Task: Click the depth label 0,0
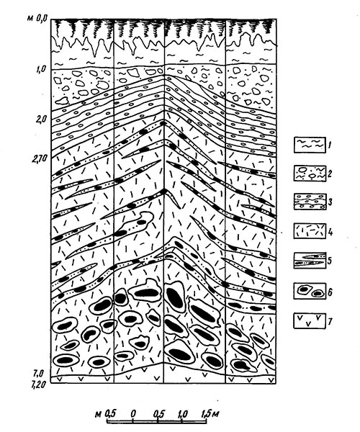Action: pyautogui.click(x=41, y=19)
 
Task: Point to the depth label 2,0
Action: pyautogui.click(x=41, y=119)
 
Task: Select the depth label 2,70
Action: pyautogui.click(x=40, y=158)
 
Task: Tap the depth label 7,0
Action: pyautogui.click(x=39, y=374)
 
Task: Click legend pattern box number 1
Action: pyautogui.click(x=310, y=145)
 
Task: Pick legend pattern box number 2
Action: pyautogui.click(x=310, y=174)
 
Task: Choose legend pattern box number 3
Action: pyautogui.click(x=310, y=202)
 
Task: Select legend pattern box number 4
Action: pyautogui.click(x=310, y=231)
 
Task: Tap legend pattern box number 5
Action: pyautogui.click(x=310, y=260)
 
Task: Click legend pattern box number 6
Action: pyautogui.click(x=310, y=291)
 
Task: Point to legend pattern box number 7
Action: pyautogui.click(x=310, y=320)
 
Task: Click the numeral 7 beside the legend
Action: pyautogui.click(x=330, y=321)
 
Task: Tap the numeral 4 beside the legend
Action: pyautogui.click(x=330, y=232)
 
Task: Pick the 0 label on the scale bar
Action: pyautogui.click(x=133, y=414)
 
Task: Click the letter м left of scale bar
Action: pyautogui.click(x=99, y=415)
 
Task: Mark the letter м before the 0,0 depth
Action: pyautogui.click(x=30, y=19)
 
